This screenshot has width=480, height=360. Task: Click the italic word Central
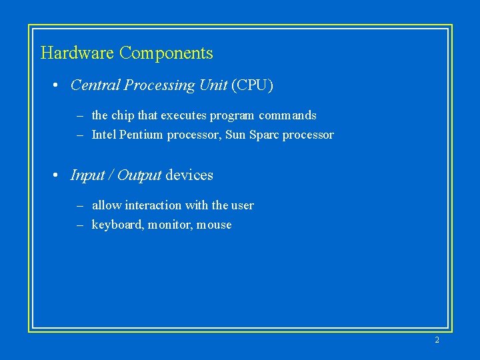click(x=95, y=85)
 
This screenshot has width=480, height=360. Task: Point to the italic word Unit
click(x=213, y=85)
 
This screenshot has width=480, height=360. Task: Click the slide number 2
click(x=437, y=340)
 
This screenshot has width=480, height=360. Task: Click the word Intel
click(x=103, y=135)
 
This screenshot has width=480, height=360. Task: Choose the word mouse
click(x=214, y=225)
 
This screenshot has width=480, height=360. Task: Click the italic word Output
click(x=139, y=175)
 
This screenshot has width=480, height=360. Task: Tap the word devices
click(x=189, y=175)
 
